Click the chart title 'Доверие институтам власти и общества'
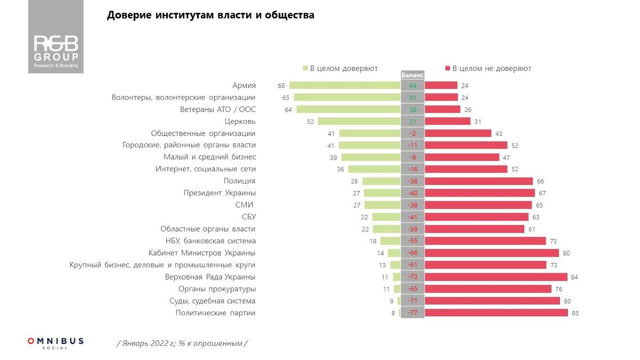tap(211, 15)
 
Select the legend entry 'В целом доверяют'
tap(341, 68)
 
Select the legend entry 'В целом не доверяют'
tap(488, 68)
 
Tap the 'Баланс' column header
tap(412, 76)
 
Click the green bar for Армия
tap(345, 85)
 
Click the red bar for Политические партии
tap(496, 313)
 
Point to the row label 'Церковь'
tap(241, 121)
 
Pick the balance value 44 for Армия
tap(412, 85)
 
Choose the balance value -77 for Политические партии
tap(412, 313)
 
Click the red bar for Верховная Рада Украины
tap(496, 277)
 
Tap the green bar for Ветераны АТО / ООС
tap(348, 109)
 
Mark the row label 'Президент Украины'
tap(219, 193)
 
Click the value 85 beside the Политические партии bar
tap(575, 313)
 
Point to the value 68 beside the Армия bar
tap(281, 85)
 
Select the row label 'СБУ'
tap(249, 217)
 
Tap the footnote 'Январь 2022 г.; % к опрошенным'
tap(182, 343)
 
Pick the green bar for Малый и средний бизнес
tap(371, 157)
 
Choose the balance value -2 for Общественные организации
tap(412, 133)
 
